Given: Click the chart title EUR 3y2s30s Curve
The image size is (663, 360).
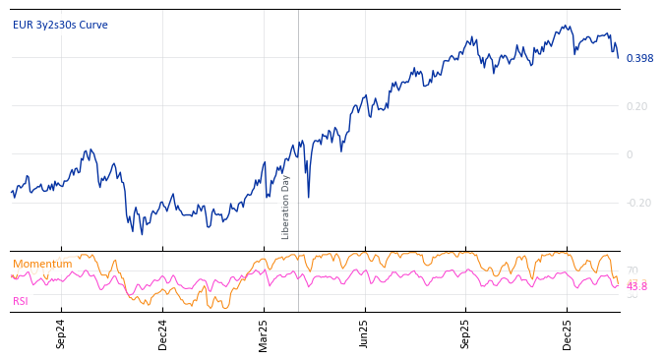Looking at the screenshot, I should pos(60,25).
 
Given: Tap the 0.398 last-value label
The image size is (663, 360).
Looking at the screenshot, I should pos(639,59).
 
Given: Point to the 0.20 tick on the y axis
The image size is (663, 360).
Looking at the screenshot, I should pos(636,106).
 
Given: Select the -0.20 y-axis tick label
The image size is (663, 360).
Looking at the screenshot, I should pos(638,203).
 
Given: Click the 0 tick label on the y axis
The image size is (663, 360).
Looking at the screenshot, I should pos(630,154).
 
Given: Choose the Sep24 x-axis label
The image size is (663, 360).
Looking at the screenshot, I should pos(61,333).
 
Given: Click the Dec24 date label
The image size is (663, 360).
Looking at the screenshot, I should pos(163,333).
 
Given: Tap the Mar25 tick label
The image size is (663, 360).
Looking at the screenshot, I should pos(264,333).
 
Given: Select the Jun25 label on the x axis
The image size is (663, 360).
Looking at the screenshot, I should pos(364,333).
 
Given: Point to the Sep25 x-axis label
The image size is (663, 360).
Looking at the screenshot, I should pos(465,333).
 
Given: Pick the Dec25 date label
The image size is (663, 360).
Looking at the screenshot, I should pos(567,333).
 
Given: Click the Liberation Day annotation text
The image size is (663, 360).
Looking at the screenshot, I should pos(286,207).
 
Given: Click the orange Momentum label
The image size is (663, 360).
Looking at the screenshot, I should pos(42,264).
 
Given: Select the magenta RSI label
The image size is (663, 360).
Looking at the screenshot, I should pos(21,301).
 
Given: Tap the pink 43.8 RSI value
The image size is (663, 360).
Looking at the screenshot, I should pos(636,286).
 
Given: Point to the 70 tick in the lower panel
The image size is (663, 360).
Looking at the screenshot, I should pos(632,270).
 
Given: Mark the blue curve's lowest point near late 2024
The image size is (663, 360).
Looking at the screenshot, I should pos(142,233).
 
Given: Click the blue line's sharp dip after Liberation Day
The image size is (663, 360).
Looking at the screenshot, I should pos(308,198).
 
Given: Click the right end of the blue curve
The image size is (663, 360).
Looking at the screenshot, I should pos(619,58).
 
